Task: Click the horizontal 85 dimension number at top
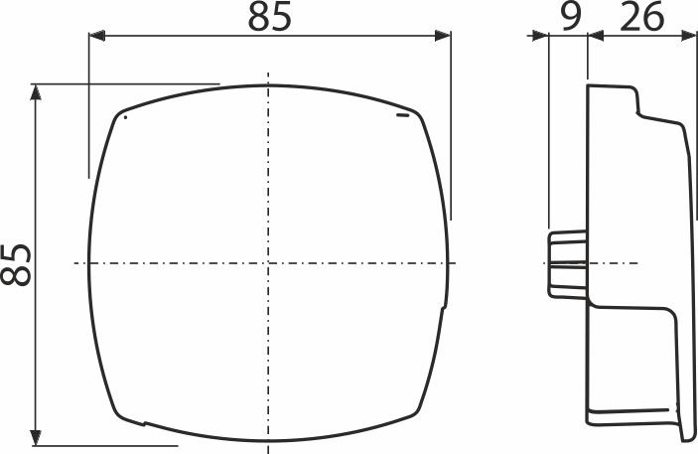[269, 17]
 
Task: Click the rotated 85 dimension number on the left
[16, 264]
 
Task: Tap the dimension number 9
[570, 17]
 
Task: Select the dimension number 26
[641, 17]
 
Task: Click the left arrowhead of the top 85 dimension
[96, 36]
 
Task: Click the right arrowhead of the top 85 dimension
[443, 36]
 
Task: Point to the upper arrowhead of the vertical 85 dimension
[36, 91]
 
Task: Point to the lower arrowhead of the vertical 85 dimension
[36, 437]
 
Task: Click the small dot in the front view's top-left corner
[125, 117]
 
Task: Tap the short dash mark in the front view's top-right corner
[402, 116]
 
